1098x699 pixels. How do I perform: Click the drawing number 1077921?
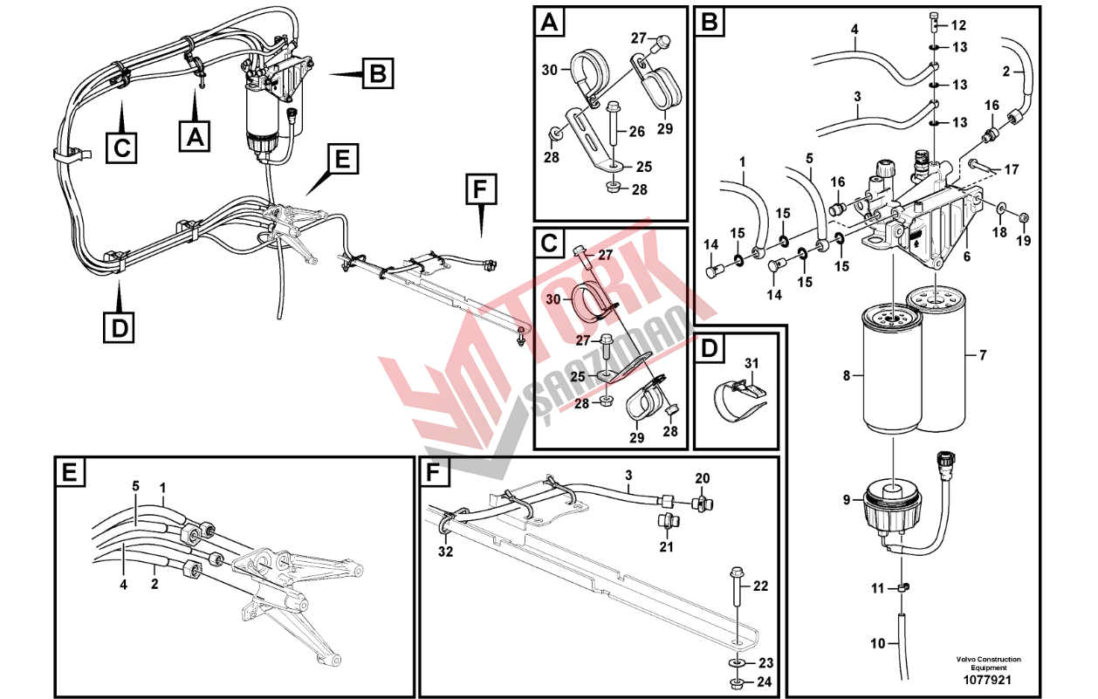pos(987,680)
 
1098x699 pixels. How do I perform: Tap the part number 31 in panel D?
pos(751,363)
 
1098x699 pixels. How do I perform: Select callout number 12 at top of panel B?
pos(958,25)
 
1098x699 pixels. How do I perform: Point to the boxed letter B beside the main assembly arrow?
pos(377,73)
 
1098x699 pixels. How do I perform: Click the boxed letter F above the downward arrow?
pos(481,188)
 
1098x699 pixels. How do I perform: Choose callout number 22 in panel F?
pos(760,586)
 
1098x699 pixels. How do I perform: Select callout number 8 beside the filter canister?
pos(847,376)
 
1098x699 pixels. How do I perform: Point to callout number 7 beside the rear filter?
pos(983,355)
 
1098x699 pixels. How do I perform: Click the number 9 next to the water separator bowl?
pos(847,500)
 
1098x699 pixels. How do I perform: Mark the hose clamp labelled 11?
pos(902,586)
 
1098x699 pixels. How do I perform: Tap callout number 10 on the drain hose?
pos(877,643)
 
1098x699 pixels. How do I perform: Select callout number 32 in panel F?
pos(446,552)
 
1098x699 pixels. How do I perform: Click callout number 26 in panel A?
pos(637,132)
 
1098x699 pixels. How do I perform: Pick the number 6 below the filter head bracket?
pos(966,257)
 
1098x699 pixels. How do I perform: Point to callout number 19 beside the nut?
pos(1024,241)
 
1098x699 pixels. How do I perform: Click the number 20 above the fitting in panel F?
pos(703,478)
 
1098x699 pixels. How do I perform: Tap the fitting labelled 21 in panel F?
pos(666,523)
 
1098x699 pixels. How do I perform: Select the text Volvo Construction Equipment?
pos(988,663)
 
